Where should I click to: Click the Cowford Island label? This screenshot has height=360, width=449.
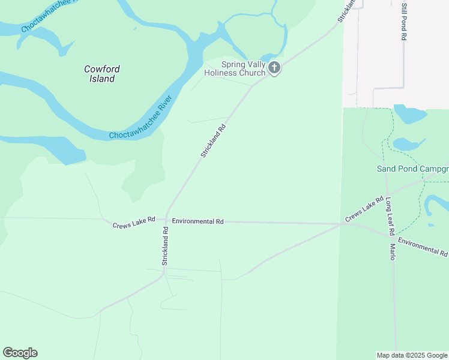[x=100, y=74]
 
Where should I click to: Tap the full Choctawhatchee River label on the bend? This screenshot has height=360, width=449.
[x=141, y=116]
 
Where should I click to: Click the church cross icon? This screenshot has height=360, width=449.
[x=274, y=68]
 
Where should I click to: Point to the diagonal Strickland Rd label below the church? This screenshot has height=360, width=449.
[x=213, y=141]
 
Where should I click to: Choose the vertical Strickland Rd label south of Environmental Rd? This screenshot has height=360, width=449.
[x=165, y=246]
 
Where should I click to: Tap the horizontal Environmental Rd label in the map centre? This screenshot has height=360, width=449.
[x=197, y=221]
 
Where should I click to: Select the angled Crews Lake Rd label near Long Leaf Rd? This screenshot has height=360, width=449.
[x=364, y=209]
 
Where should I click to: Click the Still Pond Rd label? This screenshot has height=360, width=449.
[x=404, y=20]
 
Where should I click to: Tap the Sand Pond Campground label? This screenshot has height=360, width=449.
[x=412, y=169]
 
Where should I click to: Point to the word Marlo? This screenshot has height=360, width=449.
[x=393, y=251]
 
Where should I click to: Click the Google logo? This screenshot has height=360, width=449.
[x=20, y=353]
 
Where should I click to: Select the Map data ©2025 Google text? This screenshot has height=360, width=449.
[x=412, y=355]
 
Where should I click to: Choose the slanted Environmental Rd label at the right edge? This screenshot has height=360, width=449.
[x=423, y=247]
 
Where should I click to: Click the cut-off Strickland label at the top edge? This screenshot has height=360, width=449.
[x=346, y=11]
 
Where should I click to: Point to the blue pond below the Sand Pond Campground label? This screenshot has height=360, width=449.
[x=433, y=203]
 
